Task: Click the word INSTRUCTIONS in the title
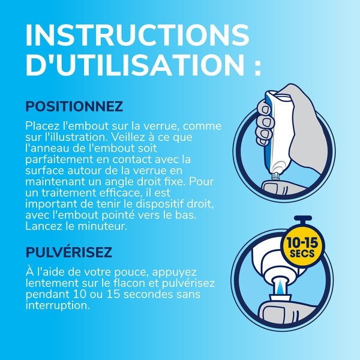pos(137,35)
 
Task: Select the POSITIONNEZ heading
pos(74,107)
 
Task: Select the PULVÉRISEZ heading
pos(68,251)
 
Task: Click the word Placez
pos(41,127)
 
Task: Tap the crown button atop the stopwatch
pos(301,217)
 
